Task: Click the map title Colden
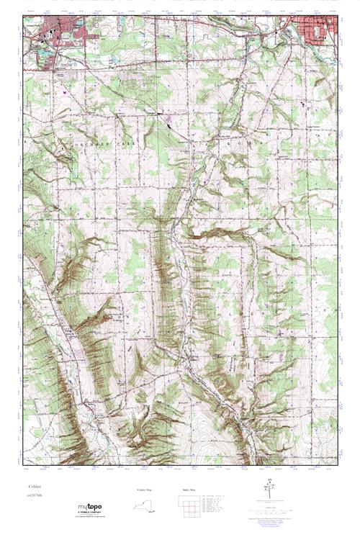tap(34, 487)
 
